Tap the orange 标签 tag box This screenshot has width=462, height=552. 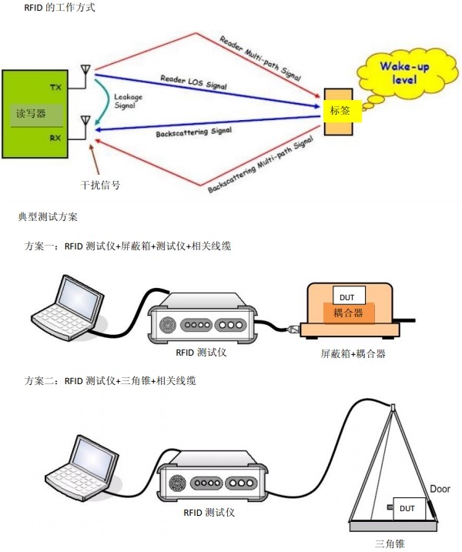[x=340, y=111]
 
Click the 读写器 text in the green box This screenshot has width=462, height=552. [x=32, y=113]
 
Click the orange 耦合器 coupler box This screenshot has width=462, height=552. [x=349, y=313]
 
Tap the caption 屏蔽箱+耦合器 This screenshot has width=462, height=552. [x=353, y=355]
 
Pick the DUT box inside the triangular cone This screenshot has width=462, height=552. [x=407, y=509]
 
